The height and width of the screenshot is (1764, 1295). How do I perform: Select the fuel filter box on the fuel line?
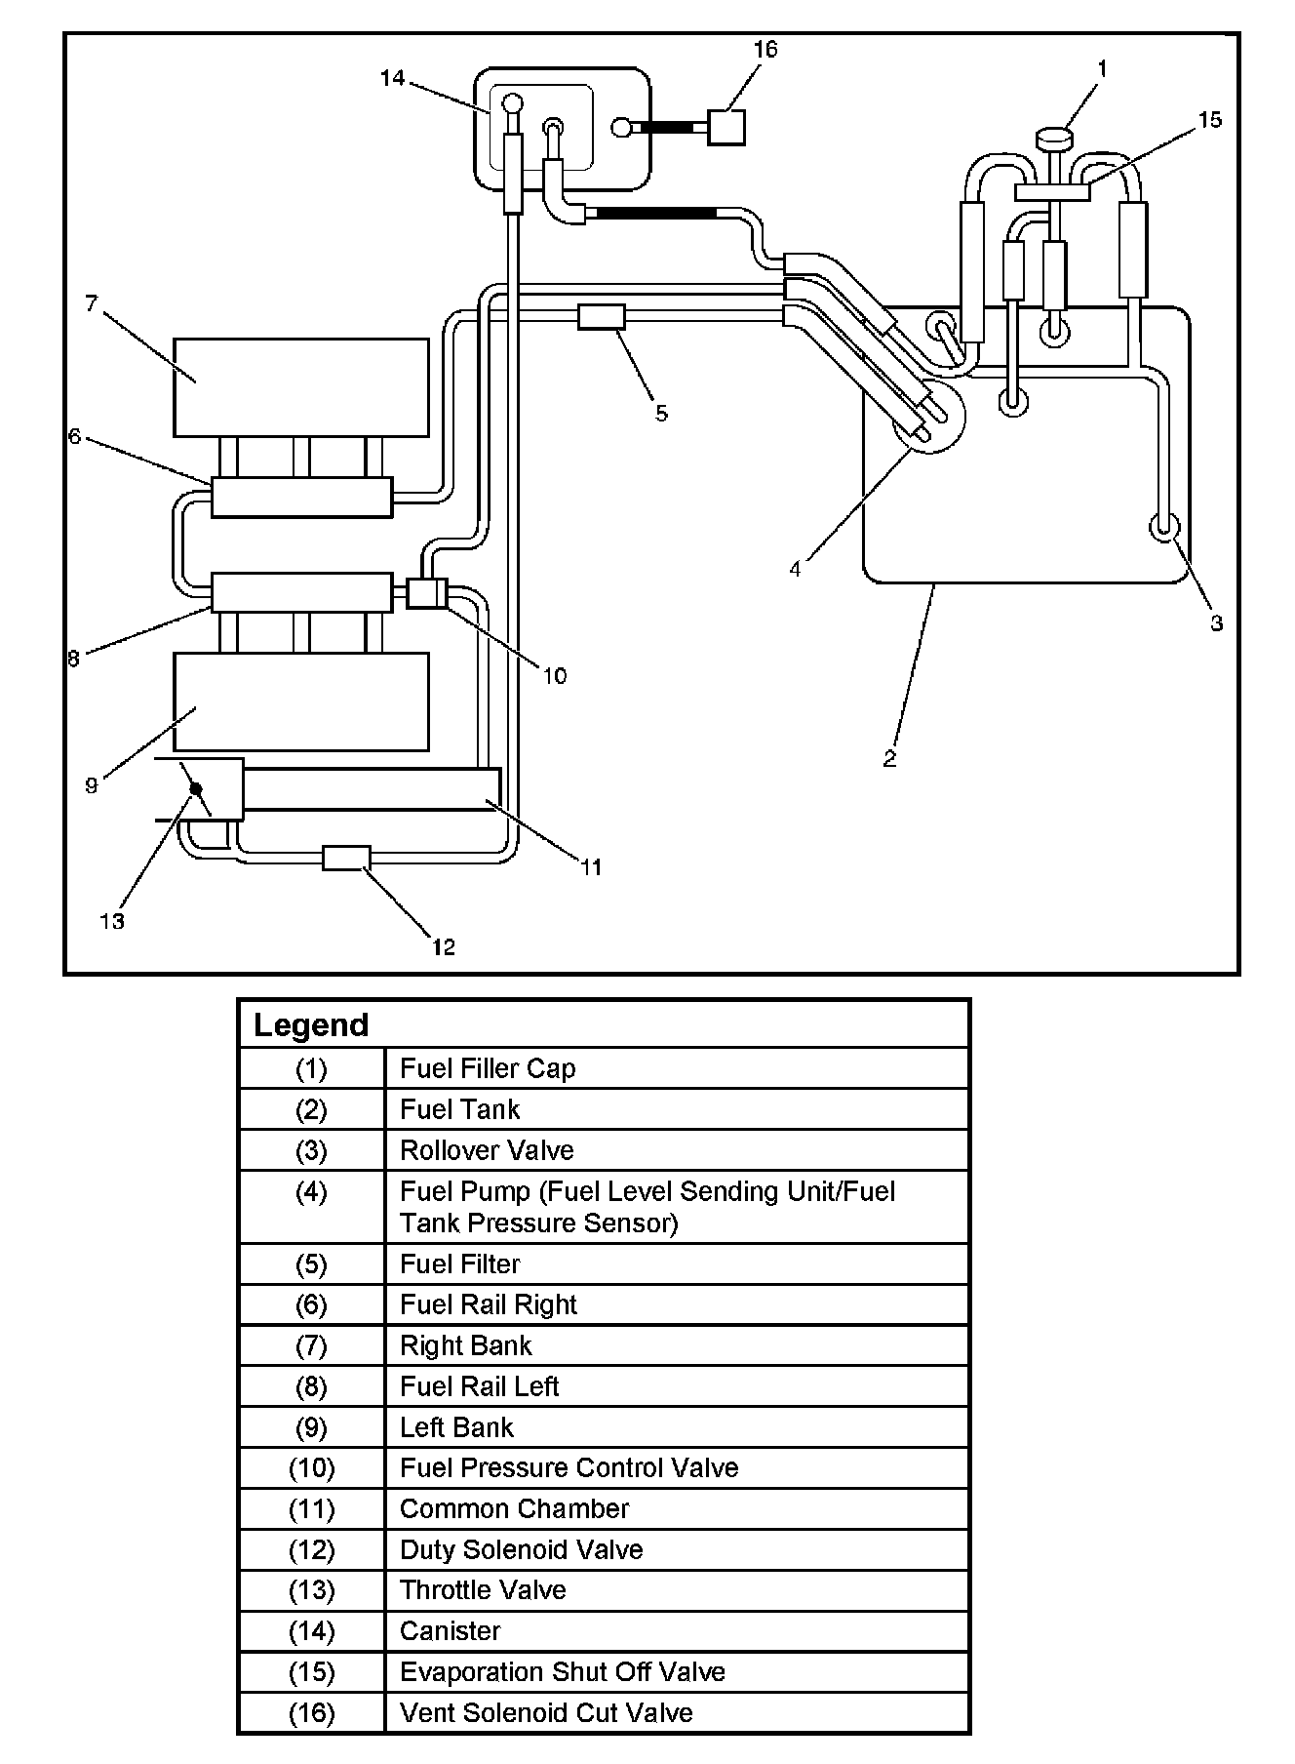coord(601,316)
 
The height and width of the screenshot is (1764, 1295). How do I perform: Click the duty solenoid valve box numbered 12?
coord(346,858)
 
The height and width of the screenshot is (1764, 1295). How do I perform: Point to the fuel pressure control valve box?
coord(426,592)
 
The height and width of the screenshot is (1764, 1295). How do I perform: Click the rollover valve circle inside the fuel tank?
coord(1165,528)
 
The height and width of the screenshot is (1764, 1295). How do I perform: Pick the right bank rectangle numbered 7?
coord(300,387)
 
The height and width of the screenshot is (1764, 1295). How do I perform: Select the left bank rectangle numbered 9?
coord(300,702)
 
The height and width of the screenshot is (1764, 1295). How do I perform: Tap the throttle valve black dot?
coord(196,788)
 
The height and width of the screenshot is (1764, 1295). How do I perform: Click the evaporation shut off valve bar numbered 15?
coord(1052,192)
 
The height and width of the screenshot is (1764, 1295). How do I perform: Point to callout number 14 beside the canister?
coord(392,77)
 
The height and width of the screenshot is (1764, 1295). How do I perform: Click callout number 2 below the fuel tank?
coord(889,758)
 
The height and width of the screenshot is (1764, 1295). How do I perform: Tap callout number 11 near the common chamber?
coord(591,866)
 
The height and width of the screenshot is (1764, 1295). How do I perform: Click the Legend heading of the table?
coord(311,1025)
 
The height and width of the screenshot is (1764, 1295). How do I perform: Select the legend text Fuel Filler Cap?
coord(488,1069)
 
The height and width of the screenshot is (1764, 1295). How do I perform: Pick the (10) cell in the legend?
coord(311,1468)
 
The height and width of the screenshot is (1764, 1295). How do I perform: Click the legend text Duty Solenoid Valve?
coord(521,1550)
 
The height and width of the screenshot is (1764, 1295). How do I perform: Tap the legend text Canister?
coord(450,1631)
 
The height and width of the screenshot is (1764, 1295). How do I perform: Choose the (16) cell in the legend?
coord(311,1713)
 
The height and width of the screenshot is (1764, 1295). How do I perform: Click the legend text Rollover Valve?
coord(487,1151)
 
